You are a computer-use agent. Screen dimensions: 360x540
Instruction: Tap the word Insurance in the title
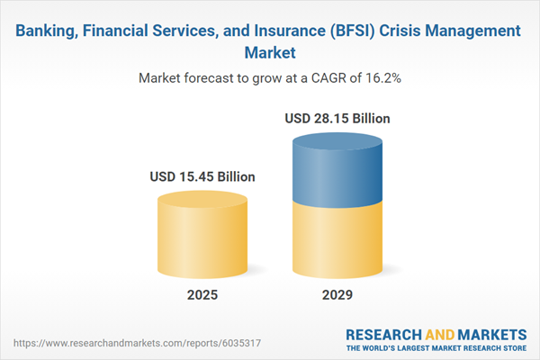click(276, 31)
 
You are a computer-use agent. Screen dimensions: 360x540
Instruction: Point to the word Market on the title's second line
click(269, 53)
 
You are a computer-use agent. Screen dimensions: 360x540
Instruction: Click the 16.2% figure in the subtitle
click(382, 78)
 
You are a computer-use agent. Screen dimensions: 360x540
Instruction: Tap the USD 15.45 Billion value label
click(202, 176)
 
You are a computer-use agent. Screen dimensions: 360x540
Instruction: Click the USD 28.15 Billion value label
click(337, 118)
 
